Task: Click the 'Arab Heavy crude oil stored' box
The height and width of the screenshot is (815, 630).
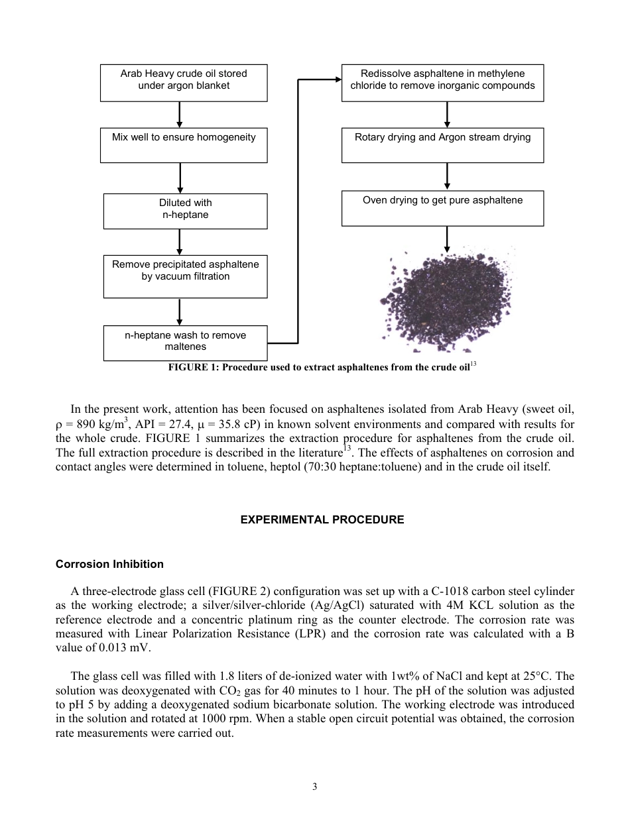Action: tap(184, 83)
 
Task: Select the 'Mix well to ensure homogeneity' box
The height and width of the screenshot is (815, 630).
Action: tap(184, 146)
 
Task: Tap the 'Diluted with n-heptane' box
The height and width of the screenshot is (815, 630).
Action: tap(185, 211)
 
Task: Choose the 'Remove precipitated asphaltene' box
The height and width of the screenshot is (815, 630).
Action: tap(185, 276)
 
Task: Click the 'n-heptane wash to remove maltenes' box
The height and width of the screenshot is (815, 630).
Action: tap(185, 343)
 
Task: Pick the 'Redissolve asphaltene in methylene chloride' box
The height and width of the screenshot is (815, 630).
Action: tap(442, 83)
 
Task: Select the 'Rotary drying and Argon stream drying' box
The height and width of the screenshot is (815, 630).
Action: tap(442, 146)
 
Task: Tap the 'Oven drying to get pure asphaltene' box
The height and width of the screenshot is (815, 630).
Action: tap(442, 208)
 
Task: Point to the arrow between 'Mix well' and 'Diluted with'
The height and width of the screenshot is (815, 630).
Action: tap(180, 178)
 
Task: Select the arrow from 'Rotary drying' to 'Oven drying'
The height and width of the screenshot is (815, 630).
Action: tap(447, 176)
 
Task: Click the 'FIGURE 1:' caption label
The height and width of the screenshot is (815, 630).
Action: tap(194, 368)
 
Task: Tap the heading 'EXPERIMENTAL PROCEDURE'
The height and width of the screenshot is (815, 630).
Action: tap(322, 520)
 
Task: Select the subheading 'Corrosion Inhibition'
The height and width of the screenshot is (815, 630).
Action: tap(109, 565)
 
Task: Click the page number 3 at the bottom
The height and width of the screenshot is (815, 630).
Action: tap(315, 787)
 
